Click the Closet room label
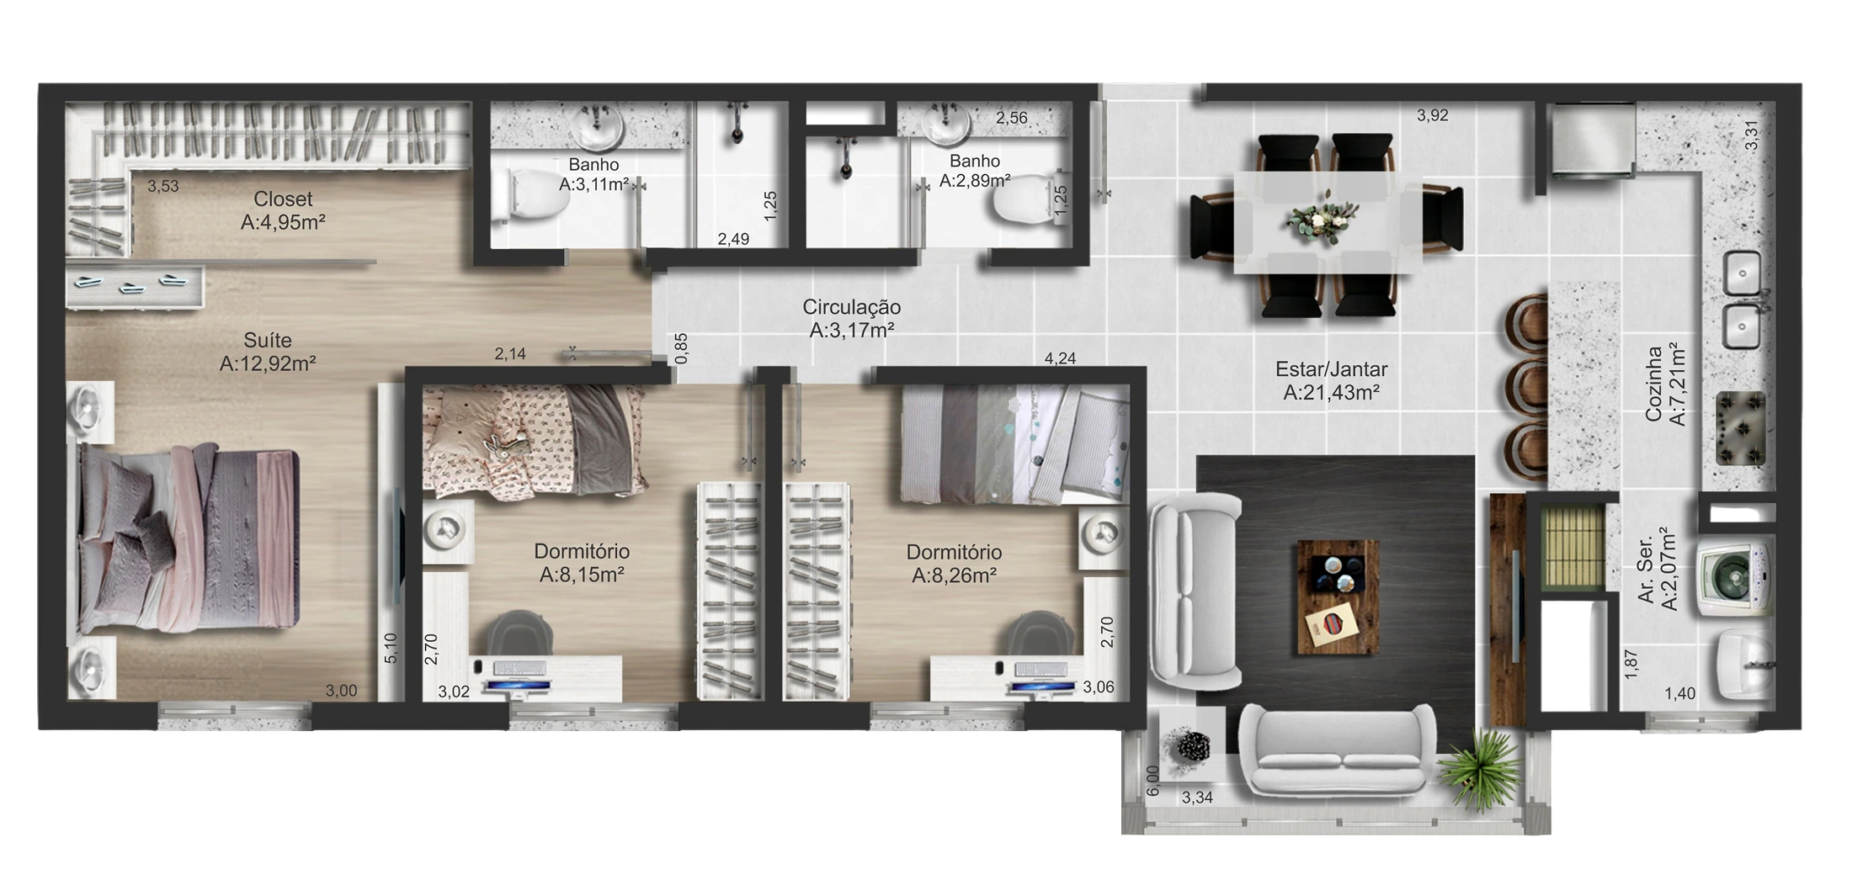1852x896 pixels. [283, 199]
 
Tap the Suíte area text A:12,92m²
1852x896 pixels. [268, 363]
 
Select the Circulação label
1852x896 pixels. [851, 308]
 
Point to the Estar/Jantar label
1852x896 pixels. [1331, 369]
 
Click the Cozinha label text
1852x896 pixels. [1654, 384]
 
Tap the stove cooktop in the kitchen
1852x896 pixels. [1741, 428]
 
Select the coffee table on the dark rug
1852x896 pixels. [1338, 596]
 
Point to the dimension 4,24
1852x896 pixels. [1060, 358]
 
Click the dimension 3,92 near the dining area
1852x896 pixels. [1432, 115]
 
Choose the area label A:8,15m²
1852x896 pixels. [582, 575]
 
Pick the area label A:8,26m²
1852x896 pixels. [954, 576]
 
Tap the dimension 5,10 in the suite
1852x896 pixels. [391, 648]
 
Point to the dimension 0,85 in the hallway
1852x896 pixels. [682, 348]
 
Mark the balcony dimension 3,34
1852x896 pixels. [1197, 798]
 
